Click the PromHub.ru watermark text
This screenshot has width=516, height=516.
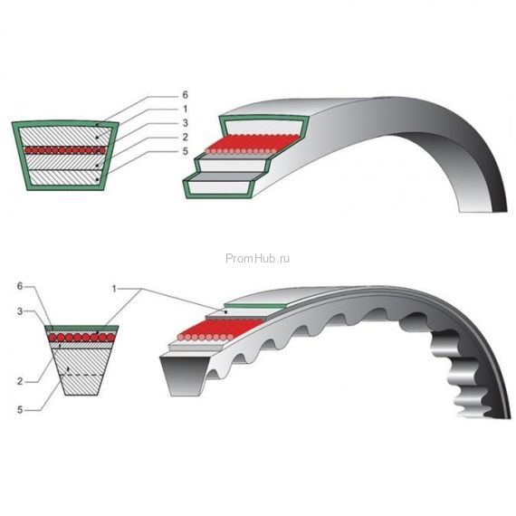[x=258, y=258]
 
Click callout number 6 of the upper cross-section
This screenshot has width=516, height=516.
[x=185, y=95]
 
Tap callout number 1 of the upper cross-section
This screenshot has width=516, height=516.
[x=185, y=109]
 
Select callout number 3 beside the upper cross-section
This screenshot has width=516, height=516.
[x=185, y=123]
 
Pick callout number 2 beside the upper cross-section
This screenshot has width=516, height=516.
[x=185, y=137]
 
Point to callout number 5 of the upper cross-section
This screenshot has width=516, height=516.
[x=185, y=151]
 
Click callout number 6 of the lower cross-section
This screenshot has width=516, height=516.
[x=20, y=286]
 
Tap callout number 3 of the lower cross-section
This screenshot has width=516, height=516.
[x=20, y=311]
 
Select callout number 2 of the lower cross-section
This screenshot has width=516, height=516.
[x=20, y=381]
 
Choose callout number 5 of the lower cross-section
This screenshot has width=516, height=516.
[x=20, y=410]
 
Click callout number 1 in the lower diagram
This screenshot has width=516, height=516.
[x=114, y=289]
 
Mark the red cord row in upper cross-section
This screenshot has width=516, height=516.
[x=65, y=150]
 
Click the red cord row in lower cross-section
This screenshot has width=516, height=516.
[x=81, y=338]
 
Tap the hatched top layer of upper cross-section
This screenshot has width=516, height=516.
[x=65, y=136]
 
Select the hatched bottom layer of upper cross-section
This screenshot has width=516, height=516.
[x=65, y=177]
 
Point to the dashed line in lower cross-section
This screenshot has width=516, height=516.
[x=81, y=375]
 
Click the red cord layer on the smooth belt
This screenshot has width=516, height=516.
[x=253, y=144]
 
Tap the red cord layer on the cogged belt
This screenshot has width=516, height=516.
[x=221, y=330]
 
